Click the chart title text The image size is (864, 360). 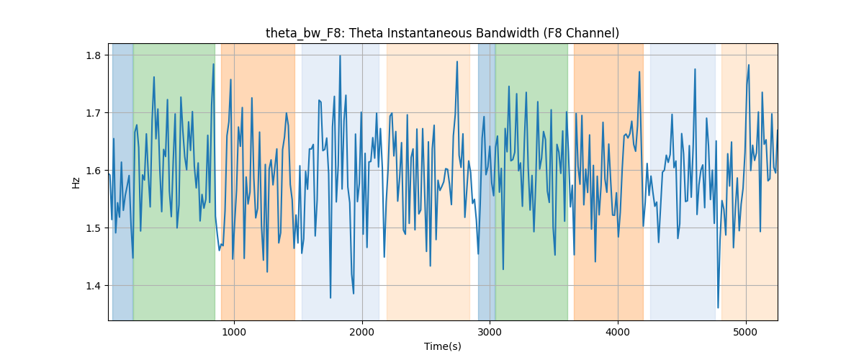[x=442, y=33]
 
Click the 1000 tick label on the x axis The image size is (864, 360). [x=234, y=332]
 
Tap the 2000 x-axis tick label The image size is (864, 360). [x=362, y=332]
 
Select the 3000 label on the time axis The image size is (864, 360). [x=490, y=332]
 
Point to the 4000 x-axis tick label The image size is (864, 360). [x=618, y=332]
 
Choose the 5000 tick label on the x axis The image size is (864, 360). [x=746, y=332]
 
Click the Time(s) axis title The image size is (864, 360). [x=443, y=346]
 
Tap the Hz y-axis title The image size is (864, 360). [x=76, y=183]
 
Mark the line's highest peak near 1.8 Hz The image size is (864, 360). [x=340, y=56]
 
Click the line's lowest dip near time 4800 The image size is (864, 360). [x=718, y=307]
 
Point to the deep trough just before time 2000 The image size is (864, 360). [x=354, y=294]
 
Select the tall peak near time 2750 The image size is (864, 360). [x=457, y=61]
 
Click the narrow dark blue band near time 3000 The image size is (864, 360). [x=487, y=181]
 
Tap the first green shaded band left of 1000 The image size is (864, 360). [x=174, y=181]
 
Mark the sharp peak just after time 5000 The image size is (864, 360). [x=749, y=65]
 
